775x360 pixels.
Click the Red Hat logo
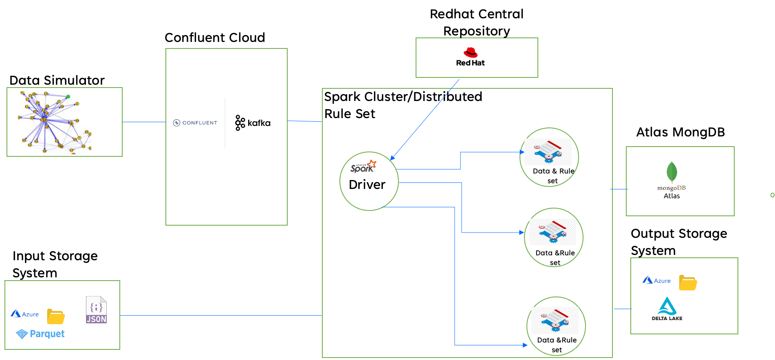tap(470, 57)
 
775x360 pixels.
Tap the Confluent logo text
tap(195, 123)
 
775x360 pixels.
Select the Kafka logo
tap(253, 123)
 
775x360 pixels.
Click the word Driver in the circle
tap(367, 185)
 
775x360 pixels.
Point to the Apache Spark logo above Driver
tap(363, 167)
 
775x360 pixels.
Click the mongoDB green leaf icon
tap(672, 172)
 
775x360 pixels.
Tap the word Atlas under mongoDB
tap(672, 196)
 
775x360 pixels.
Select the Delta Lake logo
tap(667, 309)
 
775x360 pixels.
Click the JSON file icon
tap(96, 310)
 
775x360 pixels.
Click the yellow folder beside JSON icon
tap(56, 316)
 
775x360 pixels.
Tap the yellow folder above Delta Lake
tap(688, 283)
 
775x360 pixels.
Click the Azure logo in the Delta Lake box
tap(656, 281)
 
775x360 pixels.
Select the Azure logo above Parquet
tap(24, 314)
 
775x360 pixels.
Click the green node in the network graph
tap(68, 97)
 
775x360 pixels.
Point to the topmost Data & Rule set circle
tap(549, 157)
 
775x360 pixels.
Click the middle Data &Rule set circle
tap(553, 237)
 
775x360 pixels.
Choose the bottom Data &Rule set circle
tap(556, 326)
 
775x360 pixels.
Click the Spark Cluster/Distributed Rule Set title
tap(403, 105)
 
